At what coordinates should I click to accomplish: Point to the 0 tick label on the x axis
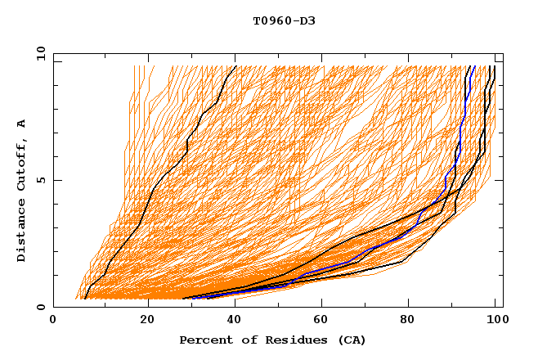[x=53, y=322]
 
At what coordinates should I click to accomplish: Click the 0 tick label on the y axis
[x=40, y=308]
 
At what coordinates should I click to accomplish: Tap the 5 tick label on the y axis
[x=40, y=180]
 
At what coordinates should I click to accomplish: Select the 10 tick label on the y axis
[x=38, y=52]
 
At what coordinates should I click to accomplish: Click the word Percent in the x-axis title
[x=203, y=340]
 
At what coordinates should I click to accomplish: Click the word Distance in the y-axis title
[x=22, y=232]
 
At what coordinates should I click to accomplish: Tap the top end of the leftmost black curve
[x=235, y=66]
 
